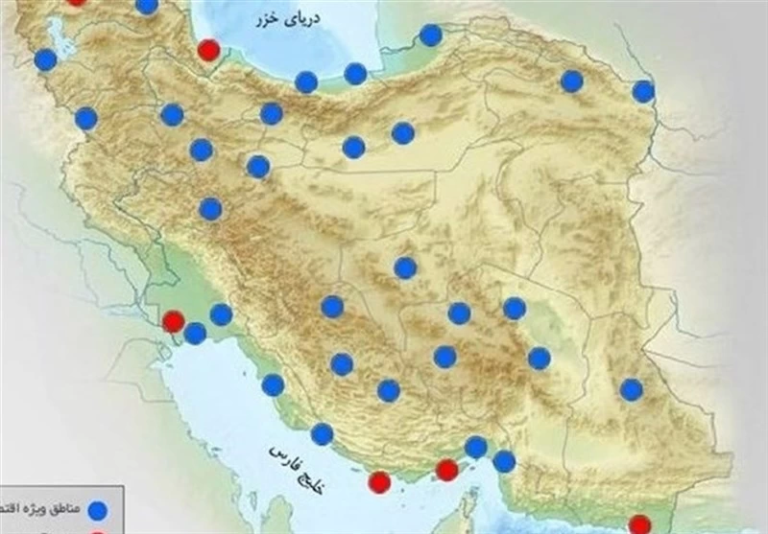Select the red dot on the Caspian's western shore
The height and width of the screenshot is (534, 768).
coord(208,50)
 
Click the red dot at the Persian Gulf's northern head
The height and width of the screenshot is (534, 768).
coord(174,321)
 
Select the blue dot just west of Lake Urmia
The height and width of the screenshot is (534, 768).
coord(45,59)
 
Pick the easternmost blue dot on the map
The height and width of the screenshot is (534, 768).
coord(643,91)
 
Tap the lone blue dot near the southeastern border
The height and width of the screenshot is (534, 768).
coord(631,389)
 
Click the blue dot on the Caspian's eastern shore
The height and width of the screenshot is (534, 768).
coord(431,35)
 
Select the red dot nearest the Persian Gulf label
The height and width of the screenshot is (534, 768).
coord(380,481)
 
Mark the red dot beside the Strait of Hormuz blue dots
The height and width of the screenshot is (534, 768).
coord(446,470)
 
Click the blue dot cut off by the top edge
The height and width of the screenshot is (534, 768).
coord(147,5)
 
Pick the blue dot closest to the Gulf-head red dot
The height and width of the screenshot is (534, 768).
coord(195,333)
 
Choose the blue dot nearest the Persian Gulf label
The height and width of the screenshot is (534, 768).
coord(322,433)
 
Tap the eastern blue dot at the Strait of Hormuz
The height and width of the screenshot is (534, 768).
coord(504,461)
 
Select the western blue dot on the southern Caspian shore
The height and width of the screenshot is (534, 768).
coord(306,82)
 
